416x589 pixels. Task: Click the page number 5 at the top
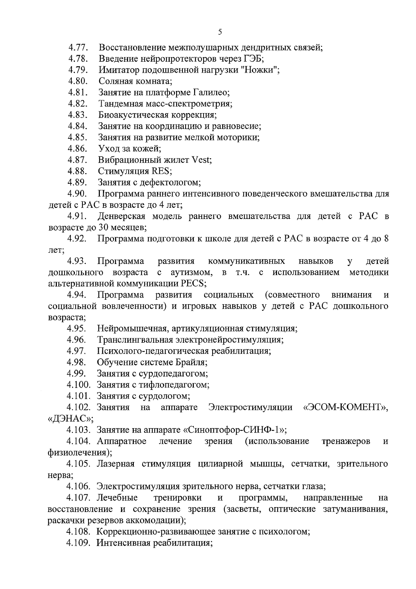click(x=220, y=32)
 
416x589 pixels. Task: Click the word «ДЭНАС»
click(x=70, y=419)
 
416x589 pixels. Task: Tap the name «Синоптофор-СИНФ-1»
click(x=235, y=430)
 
